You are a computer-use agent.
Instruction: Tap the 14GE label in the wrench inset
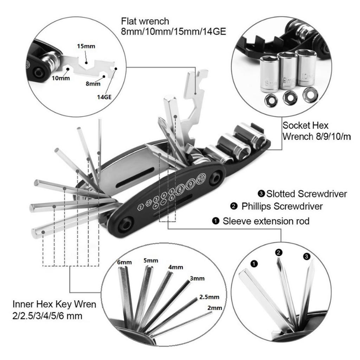pyautogui.click(x=104, y=95)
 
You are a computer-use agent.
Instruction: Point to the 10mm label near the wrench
pyautogui.click(x=59, y=78)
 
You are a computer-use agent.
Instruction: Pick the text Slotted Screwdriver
pyautogui.click(x=307, y=194)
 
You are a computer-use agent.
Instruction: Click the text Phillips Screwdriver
pyautogui.click(x=282, y=206)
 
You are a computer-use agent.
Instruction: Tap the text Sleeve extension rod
pyautogui.click(x=266, y=221)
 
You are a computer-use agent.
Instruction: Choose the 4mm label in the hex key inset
pyautogui.click(x=176, y=267)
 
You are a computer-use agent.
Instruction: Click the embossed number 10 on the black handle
pyautogui.click(x=201, y=178)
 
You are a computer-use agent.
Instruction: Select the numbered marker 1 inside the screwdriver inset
pyautogui.click(x=254, y=263)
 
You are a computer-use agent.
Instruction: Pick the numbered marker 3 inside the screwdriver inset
pyautogui.click(x=306, y=257)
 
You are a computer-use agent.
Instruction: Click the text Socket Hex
pyautogui.click(x=306, y=126)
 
